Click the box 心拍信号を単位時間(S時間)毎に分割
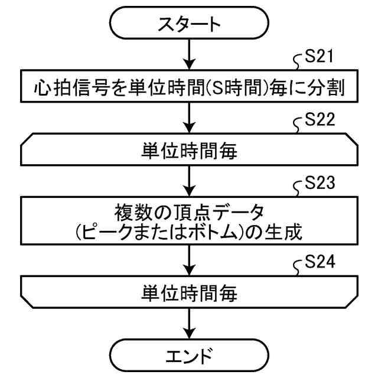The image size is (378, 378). (x=188, y=90)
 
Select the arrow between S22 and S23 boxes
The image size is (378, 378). (x=188, y=183)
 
